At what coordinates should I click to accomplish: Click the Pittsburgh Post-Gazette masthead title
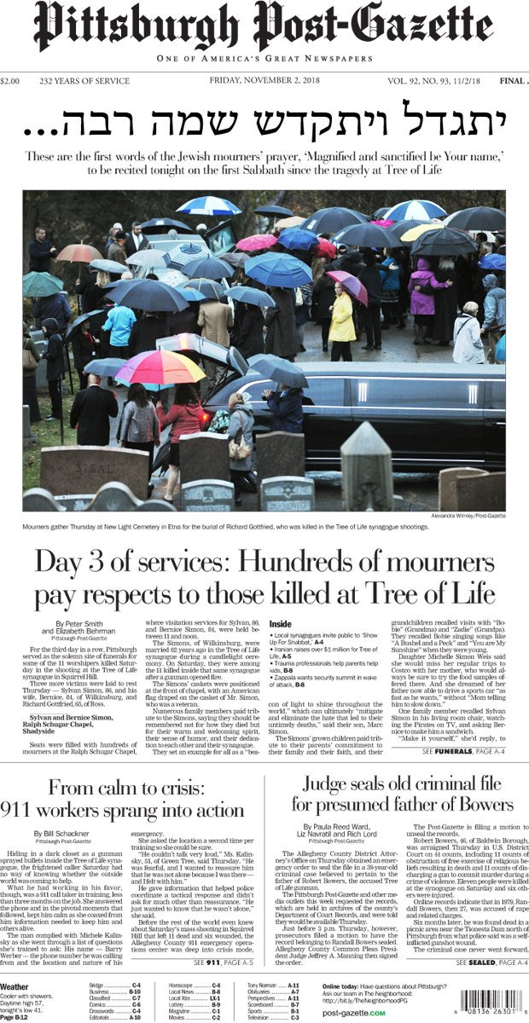(264, 28)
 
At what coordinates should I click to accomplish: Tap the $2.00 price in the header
(11, 82)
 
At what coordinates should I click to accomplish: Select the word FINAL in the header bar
(512, 82)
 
